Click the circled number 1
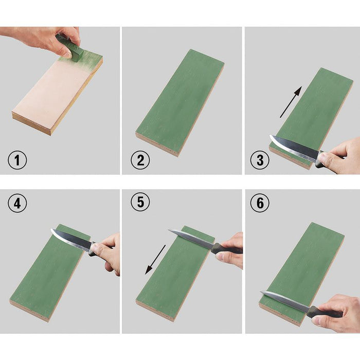[x=16, y=160]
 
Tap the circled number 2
[x=140, y=160]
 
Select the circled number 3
[x=260, y=160]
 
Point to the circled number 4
[x=17, y=204]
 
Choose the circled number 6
[x=260, y=204]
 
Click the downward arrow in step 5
[x=155, y=259]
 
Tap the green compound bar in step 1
[x=71, y=47]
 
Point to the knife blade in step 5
[x=190, y=239]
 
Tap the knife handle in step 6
[x=324, y=312]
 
